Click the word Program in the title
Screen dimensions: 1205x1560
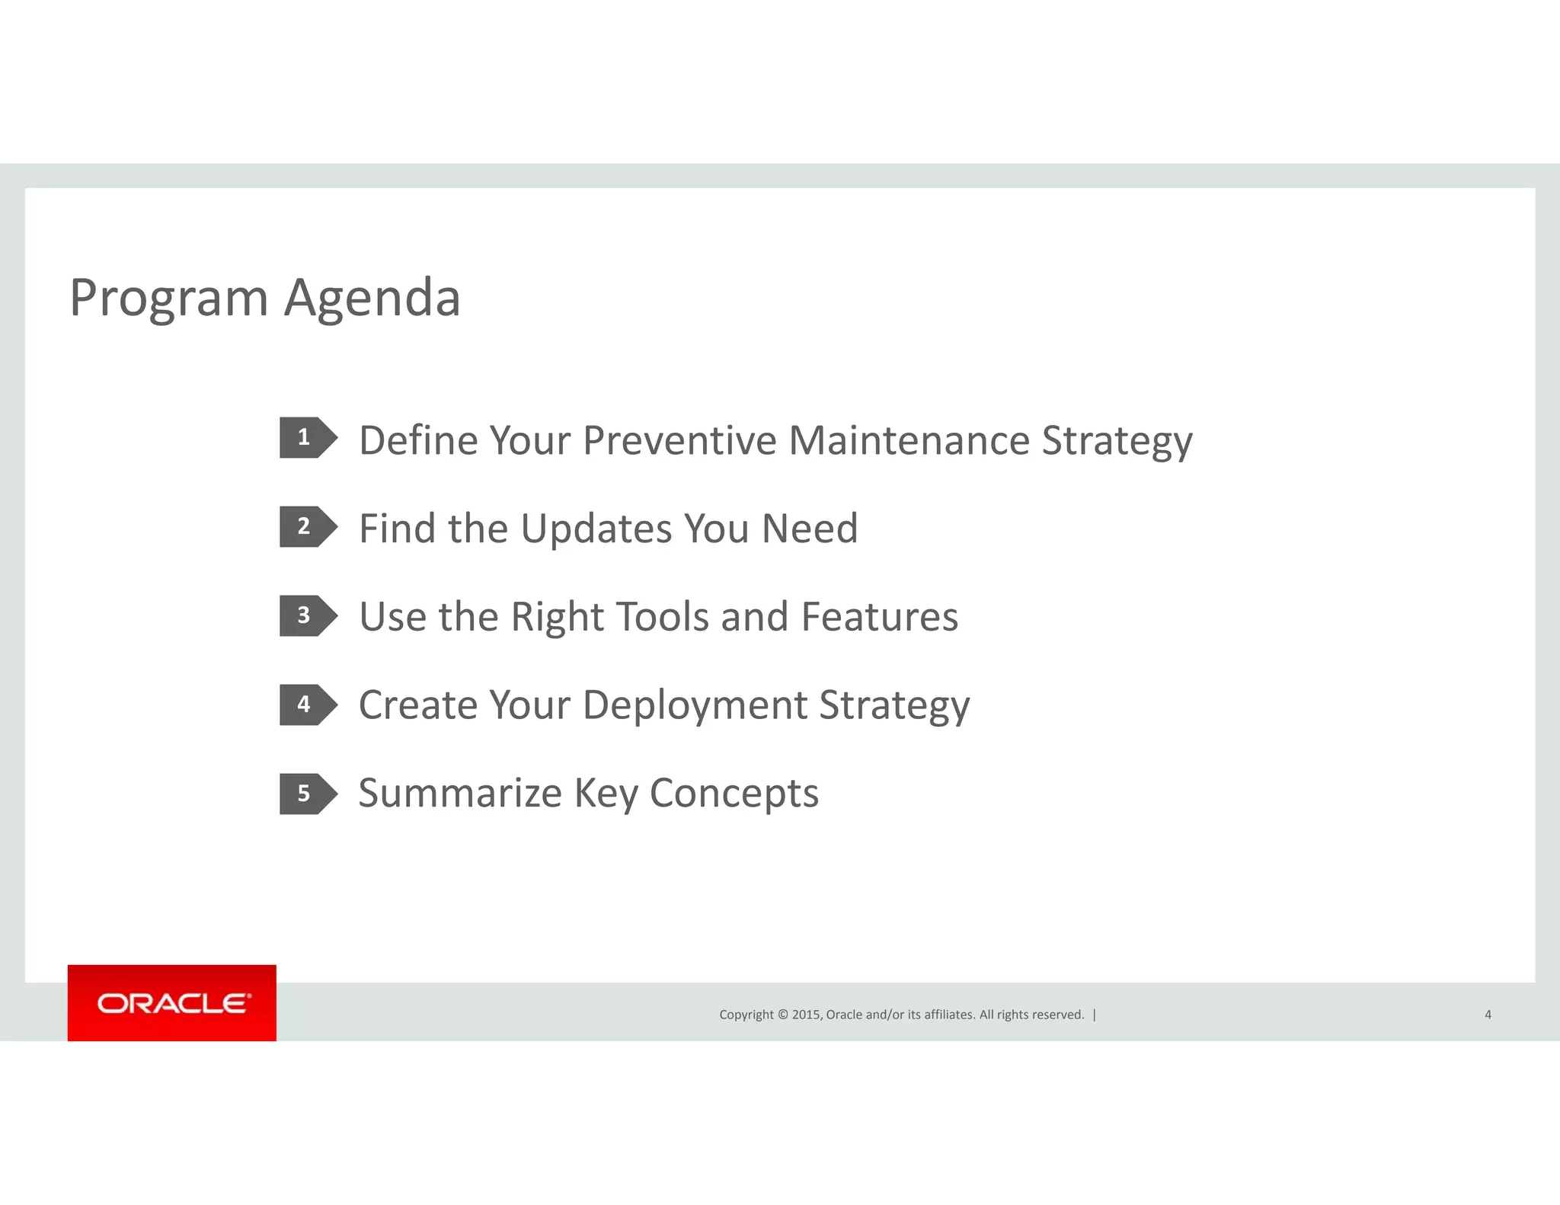point(168,298)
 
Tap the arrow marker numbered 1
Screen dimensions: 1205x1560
point(307,437)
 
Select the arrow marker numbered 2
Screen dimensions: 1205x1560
point(307,526)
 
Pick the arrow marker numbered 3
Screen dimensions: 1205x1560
point(307,615)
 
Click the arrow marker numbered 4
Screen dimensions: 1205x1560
point(307,705)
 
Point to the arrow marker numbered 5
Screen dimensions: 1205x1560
point(307,794)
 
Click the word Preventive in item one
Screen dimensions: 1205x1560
point(679,441)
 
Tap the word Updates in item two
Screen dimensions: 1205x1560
point(596,529)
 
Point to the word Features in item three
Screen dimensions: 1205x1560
point(879,617)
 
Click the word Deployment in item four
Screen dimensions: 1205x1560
point(695,705)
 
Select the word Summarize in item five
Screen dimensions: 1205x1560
point(460,794)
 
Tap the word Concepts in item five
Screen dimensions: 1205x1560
point(734,794)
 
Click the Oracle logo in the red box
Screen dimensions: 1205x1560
point(173,1003)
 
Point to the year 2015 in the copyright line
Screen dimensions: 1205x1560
point(806,1015)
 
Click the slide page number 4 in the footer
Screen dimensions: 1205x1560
point(1487,1015)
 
